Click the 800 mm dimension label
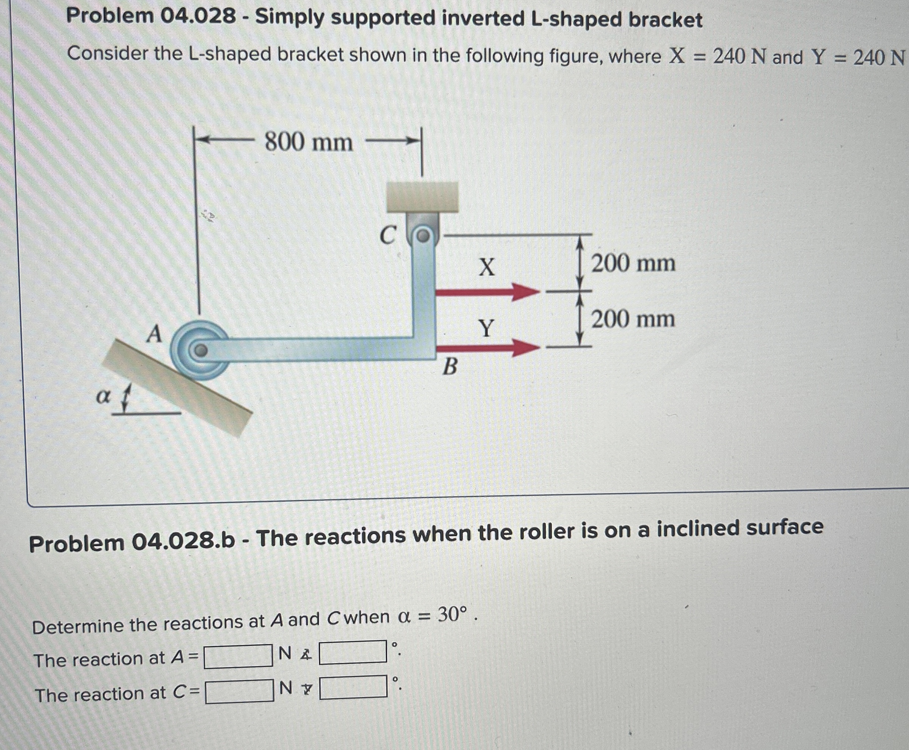coord(308,142)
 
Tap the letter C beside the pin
coord(387,236)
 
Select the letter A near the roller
coord(154,334)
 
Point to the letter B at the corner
coord(450,367)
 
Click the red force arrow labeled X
coord(487,292)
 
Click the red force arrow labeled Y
coord(487,347)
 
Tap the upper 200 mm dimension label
coord(633,263)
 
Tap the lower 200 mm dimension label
coord(633,320)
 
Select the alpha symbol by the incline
coord(102,397)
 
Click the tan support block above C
coord(422,196)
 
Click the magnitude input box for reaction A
coord(238,656)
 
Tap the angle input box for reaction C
coord(353,687)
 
